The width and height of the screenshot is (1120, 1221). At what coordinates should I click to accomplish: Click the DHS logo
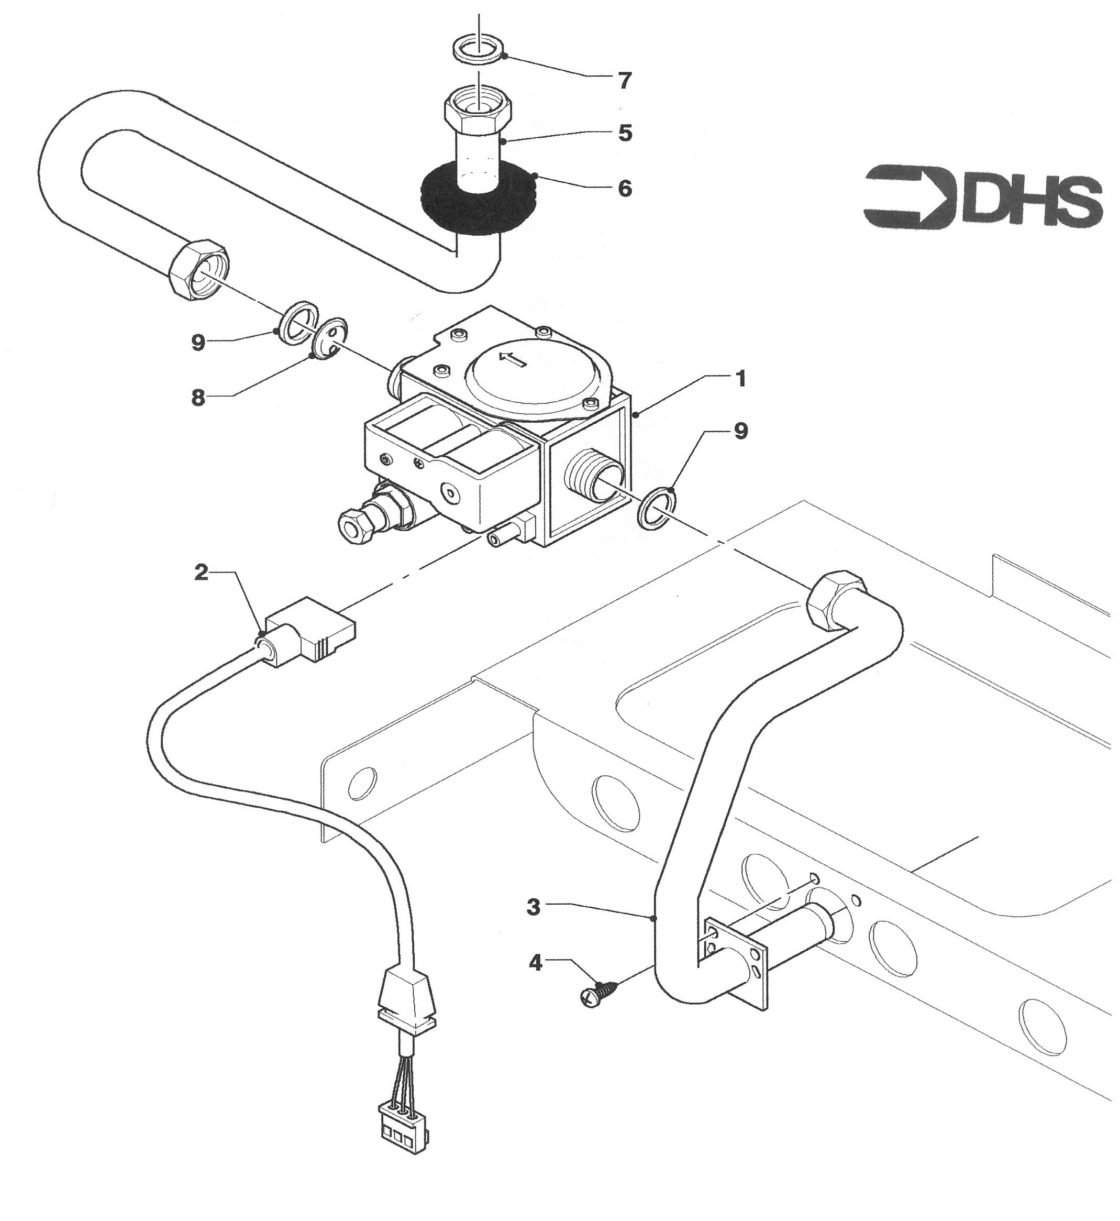point(982,197)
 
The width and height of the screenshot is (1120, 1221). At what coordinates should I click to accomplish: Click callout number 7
point(625,81)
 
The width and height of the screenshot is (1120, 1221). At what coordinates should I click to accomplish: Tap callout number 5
point(625,133)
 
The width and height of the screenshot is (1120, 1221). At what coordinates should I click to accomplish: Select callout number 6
point(625,189)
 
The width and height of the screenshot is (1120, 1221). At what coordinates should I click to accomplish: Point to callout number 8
point(198,399)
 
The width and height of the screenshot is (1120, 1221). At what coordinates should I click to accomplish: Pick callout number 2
point(201,573)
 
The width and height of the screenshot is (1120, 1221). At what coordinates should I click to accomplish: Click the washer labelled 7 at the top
point(480,49)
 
